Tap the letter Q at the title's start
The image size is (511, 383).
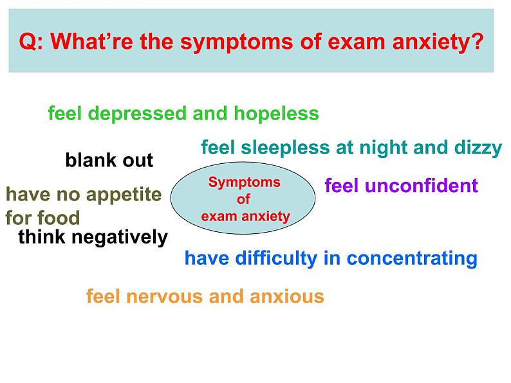28,42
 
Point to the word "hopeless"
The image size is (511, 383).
276,114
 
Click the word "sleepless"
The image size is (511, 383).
286,148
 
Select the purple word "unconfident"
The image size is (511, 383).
422,186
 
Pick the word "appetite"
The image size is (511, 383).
124,195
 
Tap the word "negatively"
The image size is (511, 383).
120,237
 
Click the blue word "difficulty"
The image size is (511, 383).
276,259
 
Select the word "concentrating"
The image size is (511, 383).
412,259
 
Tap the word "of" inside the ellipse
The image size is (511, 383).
243,199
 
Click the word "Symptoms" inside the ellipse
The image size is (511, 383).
245,183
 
